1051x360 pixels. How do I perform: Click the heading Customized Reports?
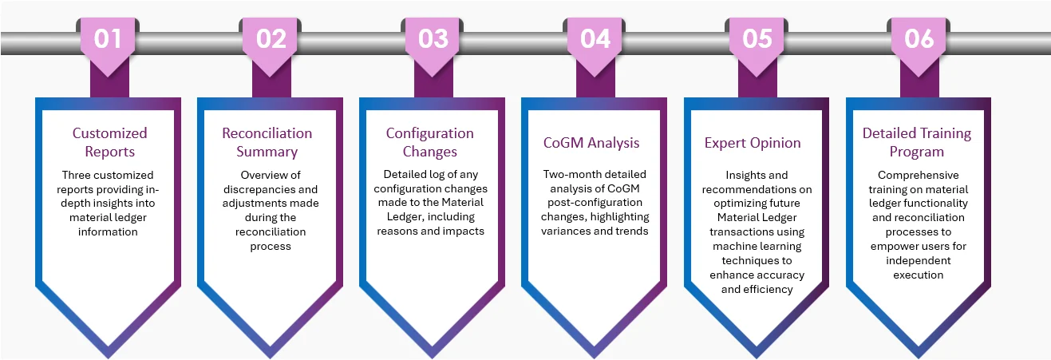click(x=110, y=142)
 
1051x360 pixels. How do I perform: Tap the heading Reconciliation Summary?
click(x=267, y=142)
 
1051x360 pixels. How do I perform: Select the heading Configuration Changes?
click(x=430, y=142)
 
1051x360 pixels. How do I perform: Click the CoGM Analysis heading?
click(x=591, y=143)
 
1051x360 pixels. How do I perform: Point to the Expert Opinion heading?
click(x=753, y=143)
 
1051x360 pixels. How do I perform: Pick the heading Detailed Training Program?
click(x=917, y=142)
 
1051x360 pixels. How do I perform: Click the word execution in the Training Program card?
click(x=919, y=275)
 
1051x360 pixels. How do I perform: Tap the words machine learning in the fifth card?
click(x=757, y=247)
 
